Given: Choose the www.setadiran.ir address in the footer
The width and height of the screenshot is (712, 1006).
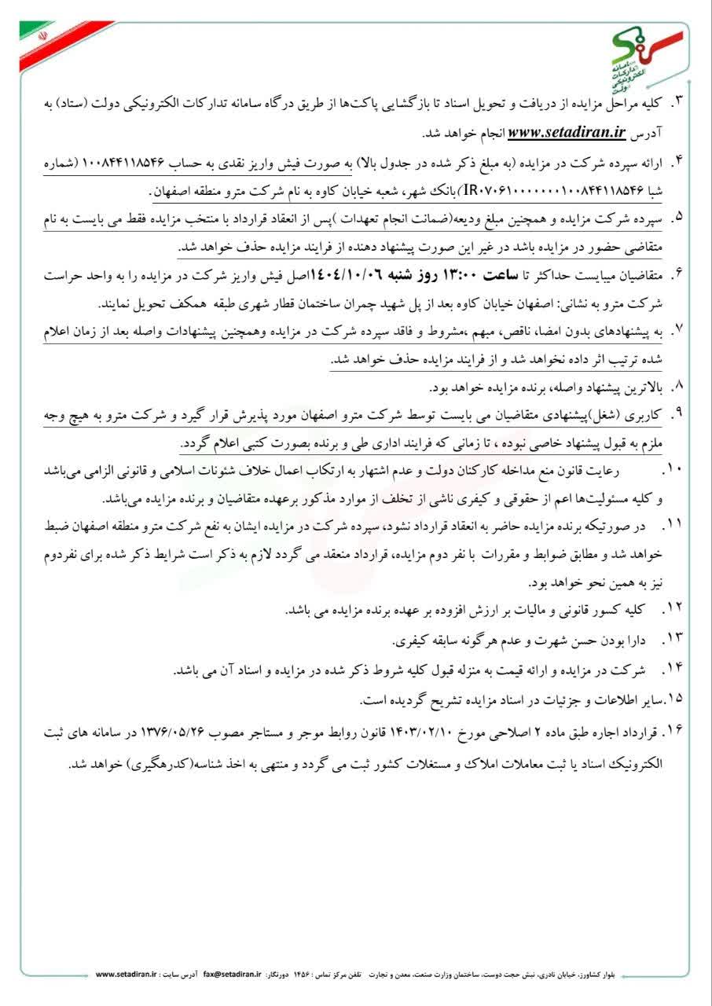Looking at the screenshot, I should coord(127,974).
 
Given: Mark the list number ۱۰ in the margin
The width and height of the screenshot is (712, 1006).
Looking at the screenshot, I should coord(677,470).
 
